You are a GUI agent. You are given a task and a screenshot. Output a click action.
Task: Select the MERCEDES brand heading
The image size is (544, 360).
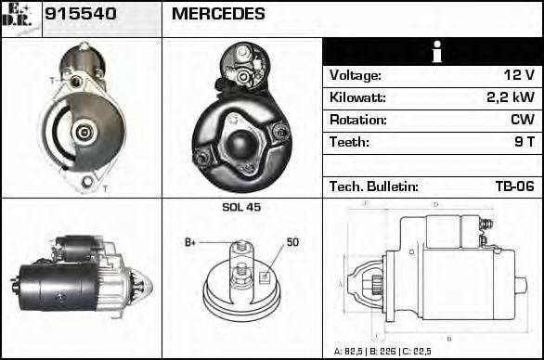pyautogui.click(x=218, y=14)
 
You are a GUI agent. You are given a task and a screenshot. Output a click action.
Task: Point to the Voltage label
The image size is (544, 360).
pyautogui.click(x=356, y=75)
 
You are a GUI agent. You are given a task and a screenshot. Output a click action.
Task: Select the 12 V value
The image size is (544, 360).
pyautogui.click(x=518, y=75)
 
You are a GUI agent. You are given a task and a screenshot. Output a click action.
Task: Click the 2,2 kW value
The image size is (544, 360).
pyautogui.click(x=511, y=97)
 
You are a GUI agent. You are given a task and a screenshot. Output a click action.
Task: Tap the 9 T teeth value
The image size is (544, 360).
pyautogui.click(x=524, y=142)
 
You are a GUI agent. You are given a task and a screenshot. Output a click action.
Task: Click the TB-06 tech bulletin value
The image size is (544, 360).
pyautogui.click(x=514, y=186)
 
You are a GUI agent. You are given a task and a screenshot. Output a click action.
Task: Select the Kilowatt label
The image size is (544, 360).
pyautogui.click(x=357, y=97)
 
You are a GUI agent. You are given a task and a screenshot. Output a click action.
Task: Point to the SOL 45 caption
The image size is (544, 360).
pyautogui.click(x=241, y=207)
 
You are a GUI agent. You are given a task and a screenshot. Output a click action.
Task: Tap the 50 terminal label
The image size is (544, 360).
pyautogui.click(x=292, y=242)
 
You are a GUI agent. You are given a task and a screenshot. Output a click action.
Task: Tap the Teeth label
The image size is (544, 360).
pyautogui.click(x=349, y=142)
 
